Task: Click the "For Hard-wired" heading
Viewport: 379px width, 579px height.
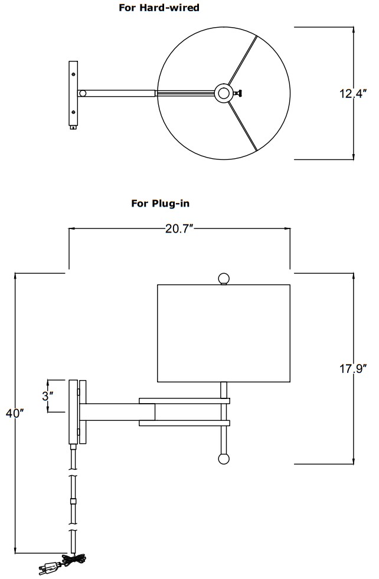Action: tap(159, 8)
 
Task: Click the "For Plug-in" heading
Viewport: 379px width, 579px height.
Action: tap(161, 203)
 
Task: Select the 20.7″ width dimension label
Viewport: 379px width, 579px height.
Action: tap(179, 229)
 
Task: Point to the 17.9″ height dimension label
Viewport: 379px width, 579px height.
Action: tap(353, 368)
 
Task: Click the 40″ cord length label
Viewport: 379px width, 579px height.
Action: tap(15, 413)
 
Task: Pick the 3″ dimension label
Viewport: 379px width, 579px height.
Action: tap(48, 396)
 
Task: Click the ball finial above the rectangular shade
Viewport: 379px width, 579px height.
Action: tap(224, 279)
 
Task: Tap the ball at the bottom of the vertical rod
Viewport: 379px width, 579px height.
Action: tap(224, 458)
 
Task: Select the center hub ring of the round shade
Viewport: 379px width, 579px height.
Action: tap(224, 93)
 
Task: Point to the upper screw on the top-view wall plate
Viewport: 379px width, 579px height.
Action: tap(74, 74)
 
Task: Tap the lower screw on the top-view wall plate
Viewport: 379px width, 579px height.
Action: tap(74, 112)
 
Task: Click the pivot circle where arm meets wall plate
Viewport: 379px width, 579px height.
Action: tap(83, 93)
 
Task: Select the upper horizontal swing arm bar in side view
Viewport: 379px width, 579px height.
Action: tap(184, 401)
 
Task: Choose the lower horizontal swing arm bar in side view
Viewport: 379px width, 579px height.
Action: tap(184, 423)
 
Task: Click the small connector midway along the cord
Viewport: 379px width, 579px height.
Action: tap(73, 502)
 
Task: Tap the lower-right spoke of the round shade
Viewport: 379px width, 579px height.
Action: tap(242, 126)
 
